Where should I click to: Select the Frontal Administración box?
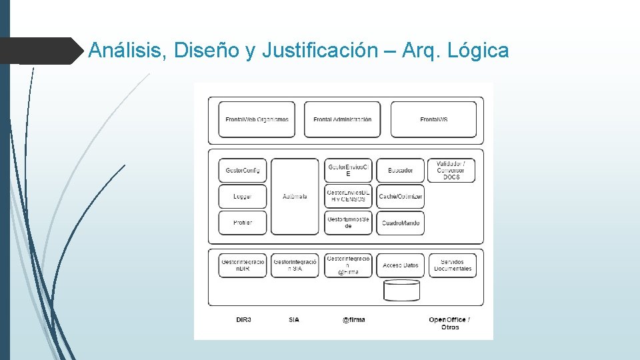[342, 119]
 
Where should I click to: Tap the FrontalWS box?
[433, 119]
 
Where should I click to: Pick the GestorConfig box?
[243, 171]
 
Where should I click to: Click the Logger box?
[243, 197]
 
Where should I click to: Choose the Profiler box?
[243, 223]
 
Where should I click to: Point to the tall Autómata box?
[295, 197]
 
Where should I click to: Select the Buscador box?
[400, 171]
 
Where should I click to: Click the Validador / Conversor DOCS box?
[455, 171]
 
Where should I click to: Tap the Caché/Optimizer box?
[400, 197]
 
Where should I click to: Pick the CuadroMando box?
[400, 223]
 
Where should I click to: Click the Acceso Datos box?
[400, 265]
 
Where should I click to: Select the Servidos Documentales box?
[453, 265]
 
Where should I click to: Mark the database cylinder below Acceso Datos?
[401, 291]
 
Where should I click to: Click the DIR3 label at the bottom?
[243, 320]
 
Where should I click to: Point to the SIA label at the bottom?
[294, 320]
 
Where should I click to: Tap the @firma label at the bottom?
[353, 320]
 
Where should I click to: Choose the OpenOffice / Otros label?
[449, 323]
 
